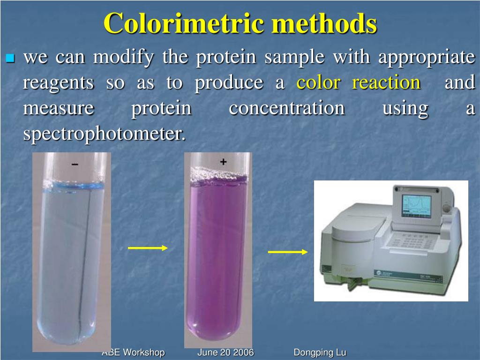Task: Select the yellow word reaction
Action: coord(386,83)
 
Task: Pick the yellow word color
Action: coord(318,83)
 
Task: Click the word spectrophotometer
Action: coord(104,135)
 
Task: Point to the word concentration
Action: coord(286,108)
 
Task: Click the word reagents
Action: coord(59,83)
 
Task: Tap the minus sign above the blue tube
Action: coord(75,165)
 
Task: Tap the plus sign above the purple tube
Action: coord(223,162)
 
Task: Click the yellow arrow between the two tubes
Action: coord(147,248)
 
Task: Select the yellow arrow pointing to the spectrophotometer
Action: coord(287,252)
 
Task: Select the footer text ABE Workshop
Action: coord(133,352)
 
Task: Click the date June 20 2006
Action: coord(225,352)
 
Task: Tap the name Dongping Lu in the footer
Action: coord(320,352)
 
